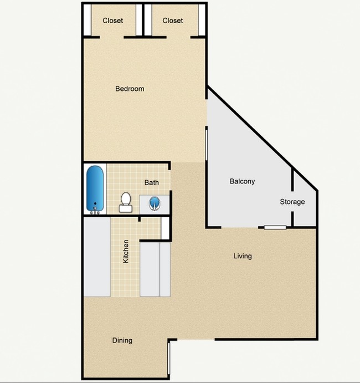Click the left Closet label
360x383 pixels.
coord(112,21)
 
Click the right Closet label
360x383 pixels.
coord(173,21)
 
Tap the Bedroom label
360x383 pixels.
coord(130,89)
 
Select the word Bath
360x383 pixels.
coord(151,182)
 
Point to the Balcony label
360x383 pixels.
coord(242,181)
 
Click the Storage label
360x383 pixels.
coord(292,202)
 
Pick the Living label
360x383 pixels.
coord(242,256)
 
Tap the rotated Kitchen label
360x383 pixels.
coord(126,251)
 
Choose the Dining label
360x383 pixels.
coord(122,340)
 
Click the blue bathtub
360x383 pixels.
coord(95,189)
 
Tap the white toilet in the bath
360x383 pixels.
coord(126,202)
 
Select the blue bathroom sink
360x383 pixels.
coord(154,203)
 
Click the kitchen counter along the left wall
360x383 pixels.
coord(97,257)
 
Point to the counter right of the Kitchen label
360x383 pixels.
coord(156,269)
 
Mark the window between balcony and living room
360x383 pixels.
coord(275,227)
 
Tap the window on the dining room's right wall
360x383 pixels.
coord(168,360)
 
